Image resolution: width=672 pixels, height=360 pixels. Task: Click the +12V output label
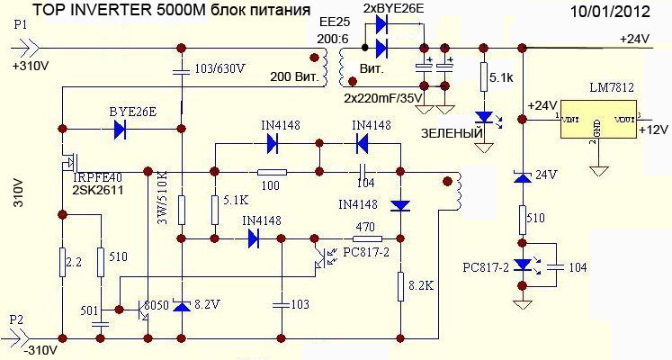pos(652,130)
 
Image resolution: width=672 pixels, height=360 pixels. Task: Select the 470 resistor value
pos(364,228)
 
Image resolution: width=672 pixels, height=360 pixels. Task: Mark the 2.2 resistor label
pos(76,261)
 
